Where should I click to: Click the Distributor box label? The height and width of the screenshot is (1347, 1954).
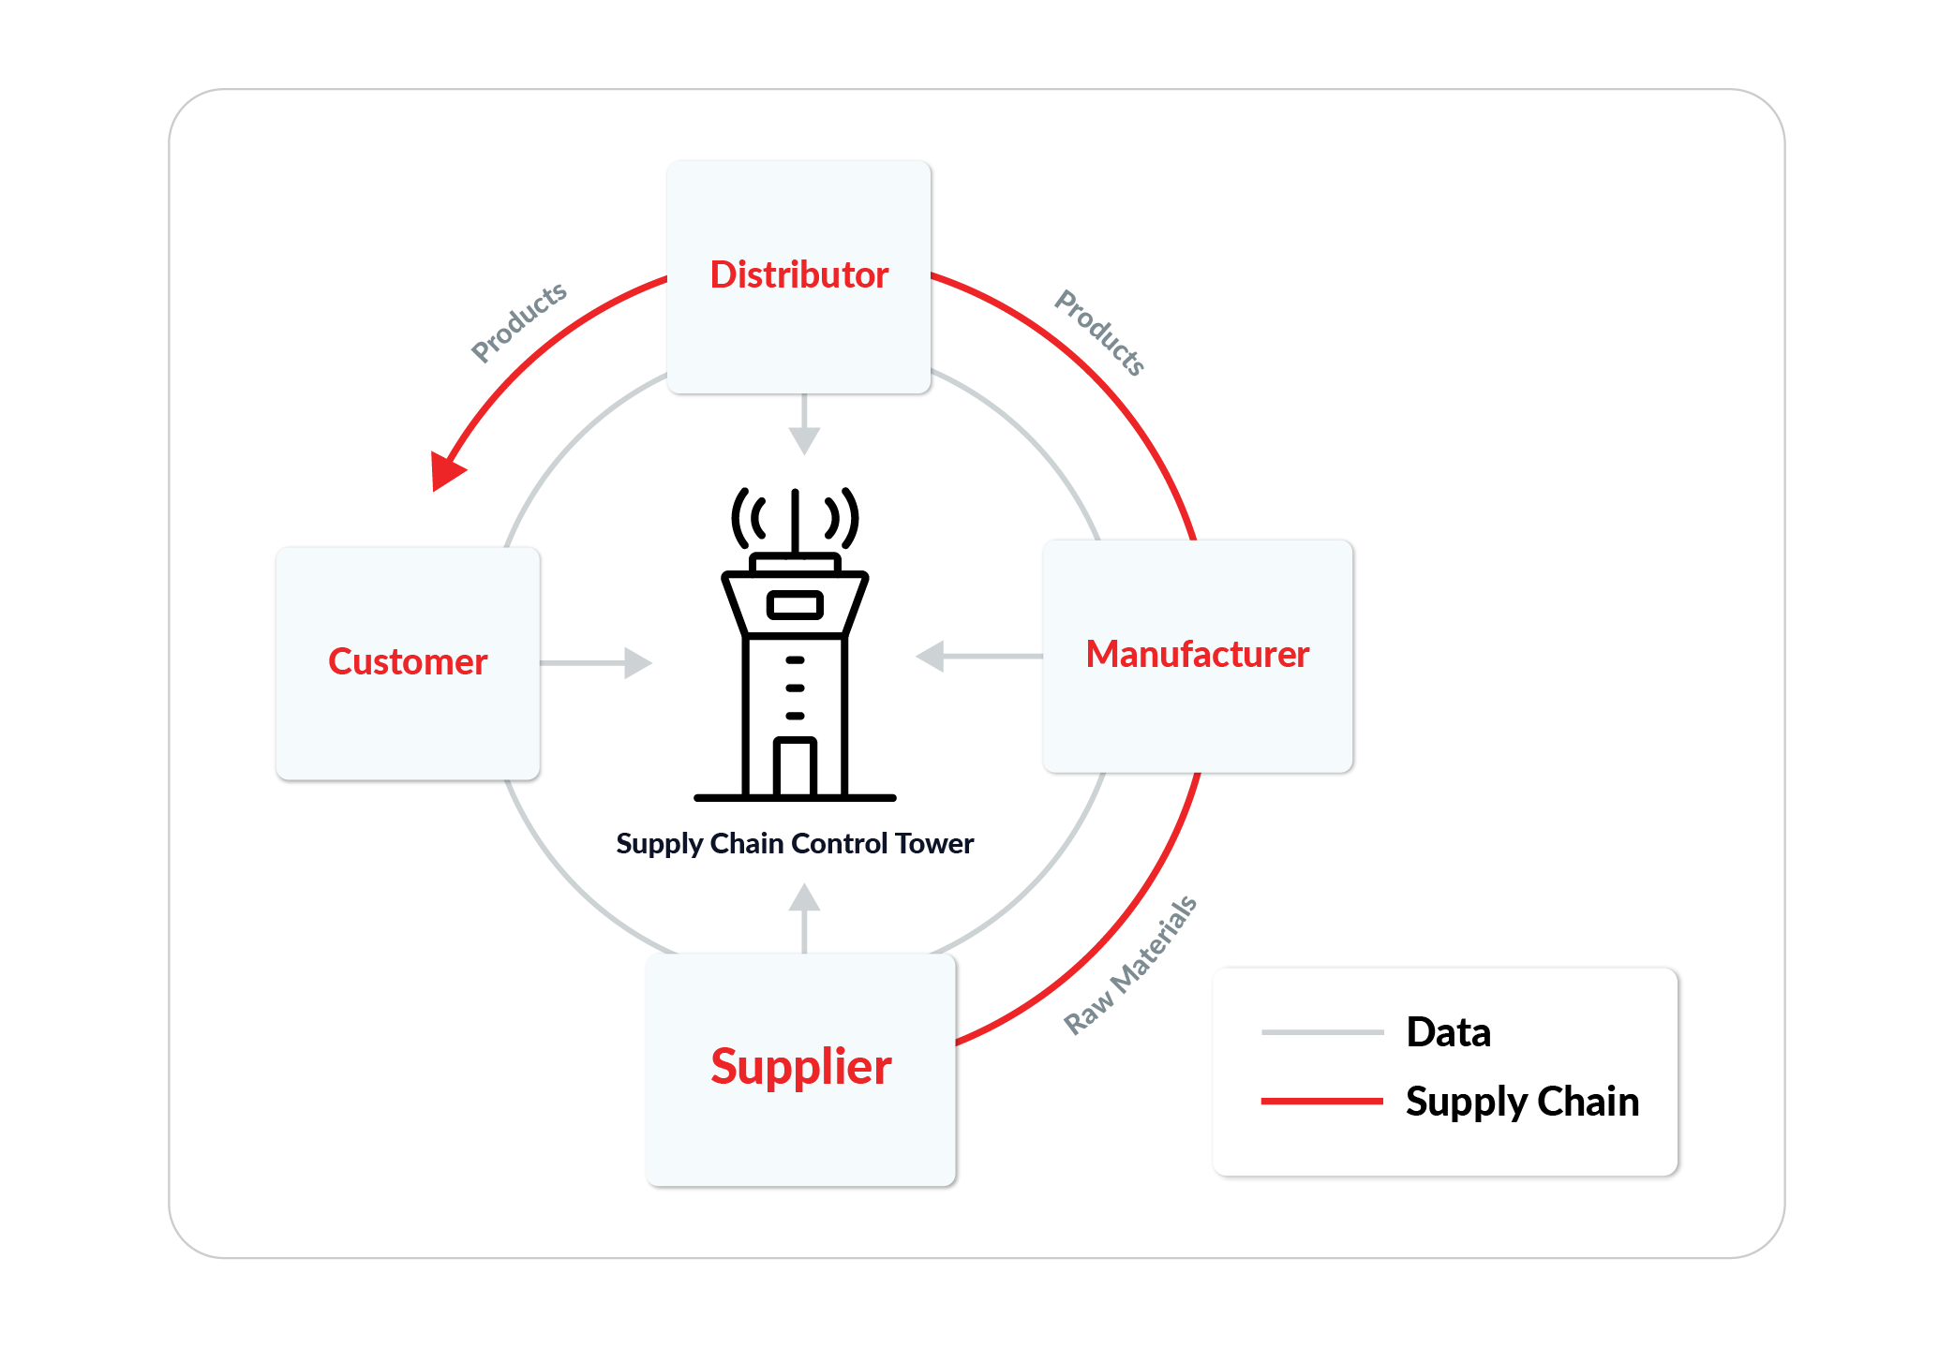pyautogui.click(x=798, y=275)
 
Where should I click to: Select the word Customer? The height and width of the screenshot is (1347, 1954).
pyautogui.click(x=408, y=662)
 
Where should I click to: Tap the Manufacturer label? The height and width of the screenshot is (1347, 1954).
pyautogui.click(x=1197, y=655)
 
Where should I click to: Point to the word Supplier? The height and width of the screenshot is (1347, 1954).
pyautogui.click(x=800, y=1067)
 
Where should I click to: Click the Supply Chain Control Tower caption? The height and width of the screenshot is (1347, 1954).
pyautogui.click(x=795, y=844)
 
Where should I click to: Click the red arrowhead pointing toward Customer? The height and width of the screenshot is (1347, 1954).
pyautogui.click(x=446, y=469)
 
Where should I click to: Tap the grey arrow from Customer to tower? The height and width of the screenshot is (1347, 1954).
pyautogui.click(x=600, y=663)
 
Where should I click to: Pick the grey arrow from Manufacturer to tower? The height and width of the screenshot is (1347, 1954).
pyautogui.click(x=975, y=656)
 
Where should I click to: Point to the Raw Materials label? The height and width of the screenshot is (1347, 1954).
pyautogui.click(x=1130, y=966)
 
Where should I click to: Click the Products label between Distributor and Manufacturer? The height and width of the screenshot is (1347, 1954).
pyautogui.click(x=1100, y=333)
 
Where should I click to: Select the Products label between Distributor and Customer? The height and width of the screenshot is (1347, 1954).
pyautogui.click(x=518, y=321)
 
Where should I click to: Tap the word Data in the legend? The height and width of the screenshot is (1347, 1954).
pyautogui.click(x=1448, y=1032)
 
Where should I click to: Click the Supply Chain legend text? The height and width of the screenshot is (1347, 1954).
pyautogui.click(x=1522, y=1102)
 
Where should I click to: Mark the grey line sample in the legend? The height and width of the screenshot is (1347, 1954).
pyautogui.click(x=1321, y=1032)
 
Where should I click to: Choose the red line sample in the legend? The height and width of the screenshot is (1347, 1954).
pyautogui.click(x=1321, y=1102)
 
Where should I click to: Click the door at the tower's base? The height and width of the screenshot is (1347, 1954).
pyautogui.click(x=795, y=768)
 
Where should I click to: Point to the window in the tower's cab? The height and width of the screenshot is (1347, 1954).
pyautogui.click(x=795, y=605)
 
